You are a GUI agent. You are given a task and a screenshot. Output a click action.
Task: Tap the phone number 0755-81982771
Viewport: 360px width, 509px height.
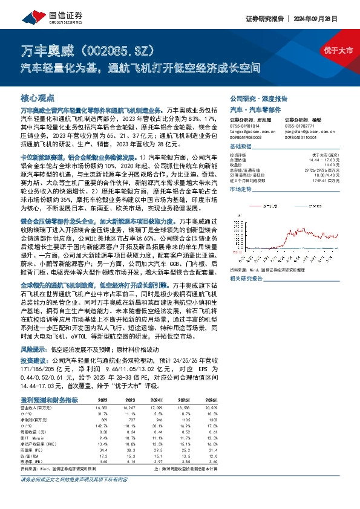[x=299, y=125]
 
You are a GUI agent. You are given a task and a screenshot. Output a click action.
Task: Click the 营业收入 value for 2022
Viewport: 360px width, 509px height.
[x=100, y=408]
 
